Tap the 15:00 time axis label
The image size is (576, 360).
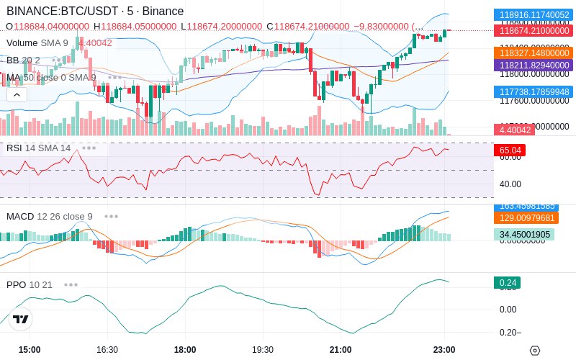coord(30,350)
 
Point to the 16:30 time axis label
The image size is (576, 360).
coord(107,350)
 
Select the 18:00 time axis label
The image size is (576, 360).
coord(185,350)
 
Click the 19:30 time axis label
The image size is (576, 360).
coord(263,350)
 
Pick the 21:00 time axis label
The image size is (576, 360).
coord(341,350)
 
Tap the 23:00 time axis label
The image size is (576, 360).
coord(444,350)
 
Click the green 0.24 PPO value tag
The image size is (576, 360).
coord(507,283)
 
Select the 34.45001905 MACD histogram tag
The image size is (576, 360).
coord(524,234)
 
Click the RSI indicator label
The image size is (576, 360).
coord(14,148)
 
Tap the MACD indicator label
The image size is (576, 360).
coord(20,216)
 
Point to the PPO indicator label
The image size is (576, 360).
coord(16,284)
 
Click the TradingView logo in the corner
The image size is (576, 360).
coord(21,320)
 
